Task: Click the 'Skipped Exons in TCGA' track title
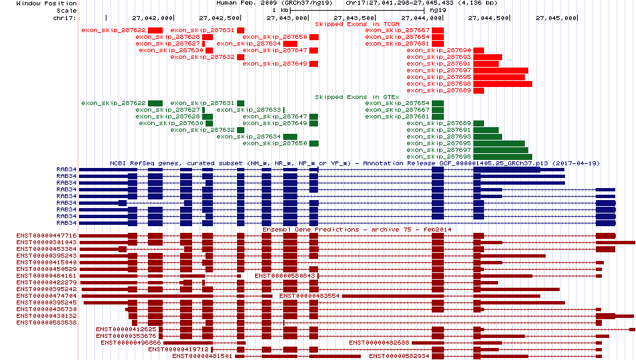pos(357,24)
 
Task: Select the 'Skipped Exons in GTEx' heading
pos(357,97)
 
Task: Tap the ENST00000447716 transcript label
pos(46,236)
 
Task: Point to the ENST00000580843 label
pos(285,276)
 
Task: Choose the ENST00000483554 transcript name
pos(309,296)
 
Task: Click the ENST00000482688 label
pos(379,343)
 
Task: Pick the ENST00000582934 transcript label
pos(399,356)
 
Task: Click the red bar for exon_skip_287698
pos(503,84)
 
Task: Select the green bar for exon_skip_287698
pos(503,157)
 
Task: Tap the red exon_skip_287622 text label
pos(113,30)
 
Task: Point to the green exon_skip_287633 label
pos(248,110)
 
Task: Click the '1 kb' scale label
pos(280,10)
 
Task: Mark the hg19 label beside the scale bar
pos(438,10)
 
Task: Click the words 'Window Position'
pos(46,3)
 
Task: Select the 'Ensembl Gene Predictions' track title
pos(310,230)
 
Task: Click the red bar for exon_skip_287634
pos(290,43)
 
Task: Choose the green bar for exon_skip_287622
pos(155,103)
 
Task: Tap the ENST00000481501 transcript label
pos(202,356)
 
